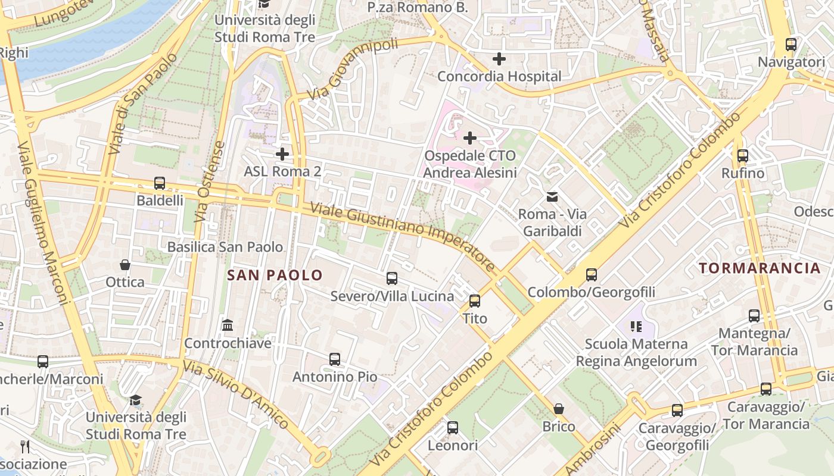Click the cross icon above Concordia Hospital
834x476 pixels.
[x=499, y=59]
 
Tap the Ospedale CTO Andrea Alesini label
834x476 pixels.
[x=469, y=164]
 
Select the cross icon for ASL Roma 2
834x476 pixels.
[x=282, y=154]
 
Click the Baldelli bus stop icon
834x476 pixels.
[x=160, y=183]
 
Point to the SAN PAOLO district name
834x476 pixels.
[x=275, y=275]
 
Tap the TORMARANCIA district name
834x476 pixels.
[x=760, y=268]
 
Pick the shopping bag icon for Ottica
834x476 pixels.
[x=125, y=265]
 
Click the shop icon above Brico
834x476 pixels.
[x=559, y=409]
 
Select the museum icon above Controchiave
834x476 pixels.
[x=228, y=325]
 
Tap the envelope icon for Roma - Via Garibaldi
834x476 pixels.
[x=552, y=196]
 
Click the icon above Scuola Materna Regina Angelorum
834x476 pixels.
[x=636, y=326]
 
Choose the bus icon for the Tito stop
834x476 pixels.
[x=475, y=301]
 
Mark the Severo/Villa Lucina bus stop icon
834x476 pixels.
[x=392, y=278]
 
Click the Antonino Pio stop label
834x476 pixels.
[x=334, y=377]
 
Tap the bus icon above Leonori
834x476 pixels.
[x=453, y=428]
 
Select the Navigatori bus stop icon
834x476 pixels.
[x=791, y=45]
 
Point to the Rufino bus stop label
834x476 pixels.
[x=742, y=173]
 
